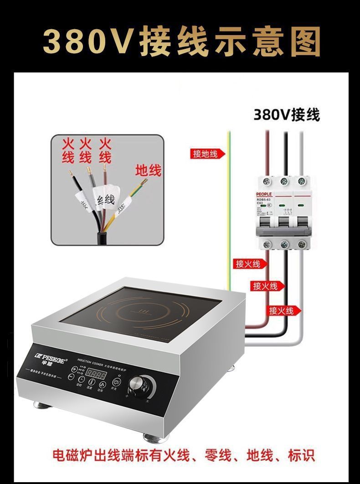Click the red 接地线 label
[207, 154]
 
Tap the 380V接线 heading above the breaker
[287, 114]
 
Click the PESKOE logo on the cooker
[51, 355]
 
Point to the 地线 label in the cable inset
[149, 171]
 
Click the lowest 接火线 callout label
[281, 310]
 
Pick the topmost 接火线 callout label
[248, 264]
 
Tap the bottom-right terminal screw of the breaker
[301, 244]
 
